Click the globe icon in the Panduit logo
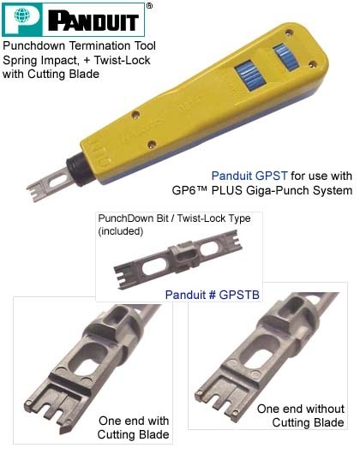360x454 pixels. (x=22, y=15)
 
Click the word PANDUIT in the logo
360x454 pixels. (x=93, y=21)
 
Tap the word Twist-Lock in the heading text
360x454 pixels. (x=122, y=60)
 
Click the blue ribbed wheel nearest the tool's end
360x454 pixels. (x=286, y=57)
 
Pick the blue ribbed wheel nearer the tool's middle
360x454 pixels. (x=250, y=75)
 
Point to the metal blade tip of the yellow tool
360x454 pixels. (x=49, y=185)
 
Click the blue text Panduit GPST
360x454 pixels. (x=249, y=176)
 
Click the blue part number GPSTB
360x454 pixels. (x=239, y=295)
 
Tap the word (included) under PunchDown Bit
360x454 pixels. (x=121, y=231)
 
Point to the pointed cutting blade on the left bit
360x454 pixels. (x=65, y=427)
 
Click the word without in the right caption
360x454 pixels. (x=325, y=409)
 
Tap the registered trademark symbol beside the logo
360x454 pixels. (x=149, y=5)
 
